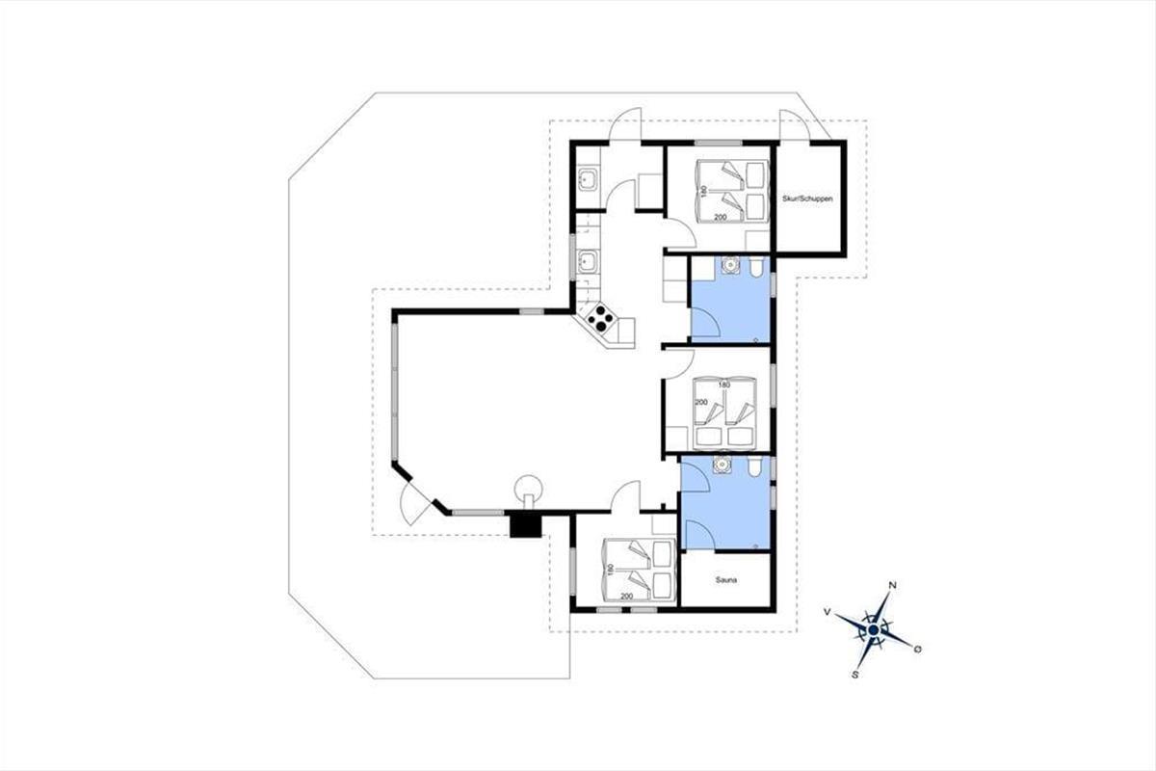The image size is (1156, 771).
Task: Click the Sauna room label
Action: (x=726, y=580)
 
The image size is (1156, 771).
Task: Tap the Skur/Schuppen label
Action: (x=807, y=199)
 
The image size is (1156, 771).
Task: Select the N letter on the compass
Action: (x=892, y=585)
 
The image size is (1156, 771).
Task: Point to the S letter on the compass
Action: (x=855, y=675)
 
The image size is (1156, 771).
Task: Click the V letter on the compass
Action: (x=827, y=611)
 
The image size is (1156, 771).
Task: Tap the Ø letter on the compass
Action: (x=917, y=650)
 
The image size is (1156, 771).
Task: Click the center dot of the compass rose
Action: (x=873, y=630)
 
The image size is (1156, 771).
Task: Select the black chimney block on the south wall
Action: (x=526, y=525)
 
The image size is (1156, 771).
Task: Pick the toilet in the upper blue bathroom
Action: (x=756, y=266)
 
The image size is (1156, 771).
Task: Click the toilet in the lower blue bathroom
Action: (x=753, y=465)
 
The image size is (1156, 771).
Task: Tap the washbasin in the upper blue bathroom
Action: (x=730, y=265)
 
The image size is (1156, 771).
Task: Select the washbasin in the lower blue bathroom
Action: (x=722, y=465)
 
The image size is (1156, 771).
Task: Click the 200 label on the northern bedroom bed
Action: (x=720, y=218)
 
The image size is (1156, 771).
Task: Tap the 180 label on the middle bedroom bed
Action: (x=724, y=385)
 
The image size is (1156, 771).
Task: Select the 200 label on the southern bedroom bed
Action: (x=626, y=596)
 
